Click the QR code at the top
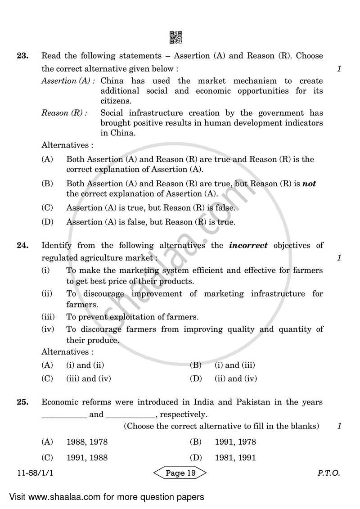pos(176,37)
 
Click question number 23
pos(22,56)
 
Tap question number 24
pos(22,246)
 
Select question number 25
pos(22,402)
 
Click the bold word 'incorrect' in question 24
pos(248,246)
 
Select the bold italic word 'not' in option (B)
pos(309,184)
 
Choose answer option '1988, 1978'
pos(87,442)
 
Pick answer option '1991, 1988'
pos(87,458)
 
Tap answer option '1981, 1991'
pos(235,458)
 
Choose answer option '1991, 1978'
pos(235,442)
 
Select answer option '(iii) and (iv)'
pos(88,378)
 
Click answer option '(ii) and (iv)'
pos(236,378)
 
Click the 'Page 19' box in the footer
pos(180,473)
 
